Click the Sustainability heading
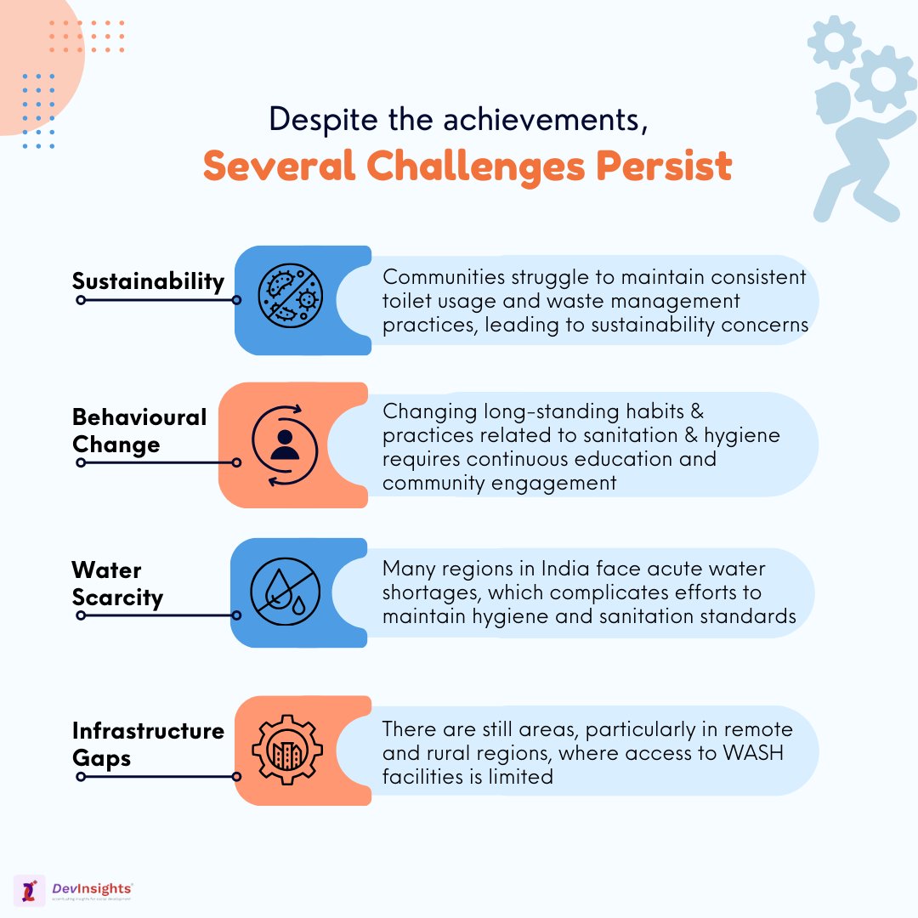tap(148, 281)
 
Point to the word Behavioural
tap(139, 417)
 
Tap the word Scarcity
tap(117, 598)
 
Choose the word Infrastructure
tap(148, 731)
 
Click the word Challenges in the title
tap(470, 167)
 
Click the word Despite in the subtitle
tap(318, 119)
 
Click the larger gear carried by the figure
tap(883, 79)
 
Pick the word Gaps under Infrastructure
tap(100, 758)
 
